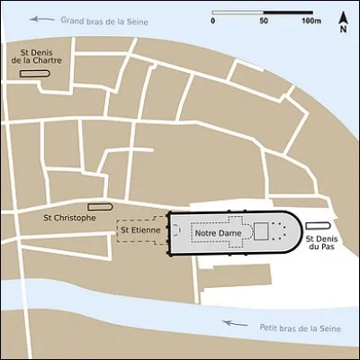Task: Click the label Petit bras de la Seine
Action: [294, 327]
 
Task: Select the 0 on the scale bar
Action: [213, 18]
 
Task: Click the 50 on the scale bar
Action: [264, 18]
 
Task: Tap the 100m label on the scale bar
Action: [311, 18]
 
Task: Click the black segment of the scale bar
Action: [287, 11]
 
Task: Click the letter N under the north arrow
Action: [343, 30]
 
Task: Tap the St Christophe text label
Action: [69, 217]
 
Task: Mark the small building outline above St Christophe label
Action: [100, 206]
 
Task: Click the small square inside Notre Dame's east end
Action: [261, 231]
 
